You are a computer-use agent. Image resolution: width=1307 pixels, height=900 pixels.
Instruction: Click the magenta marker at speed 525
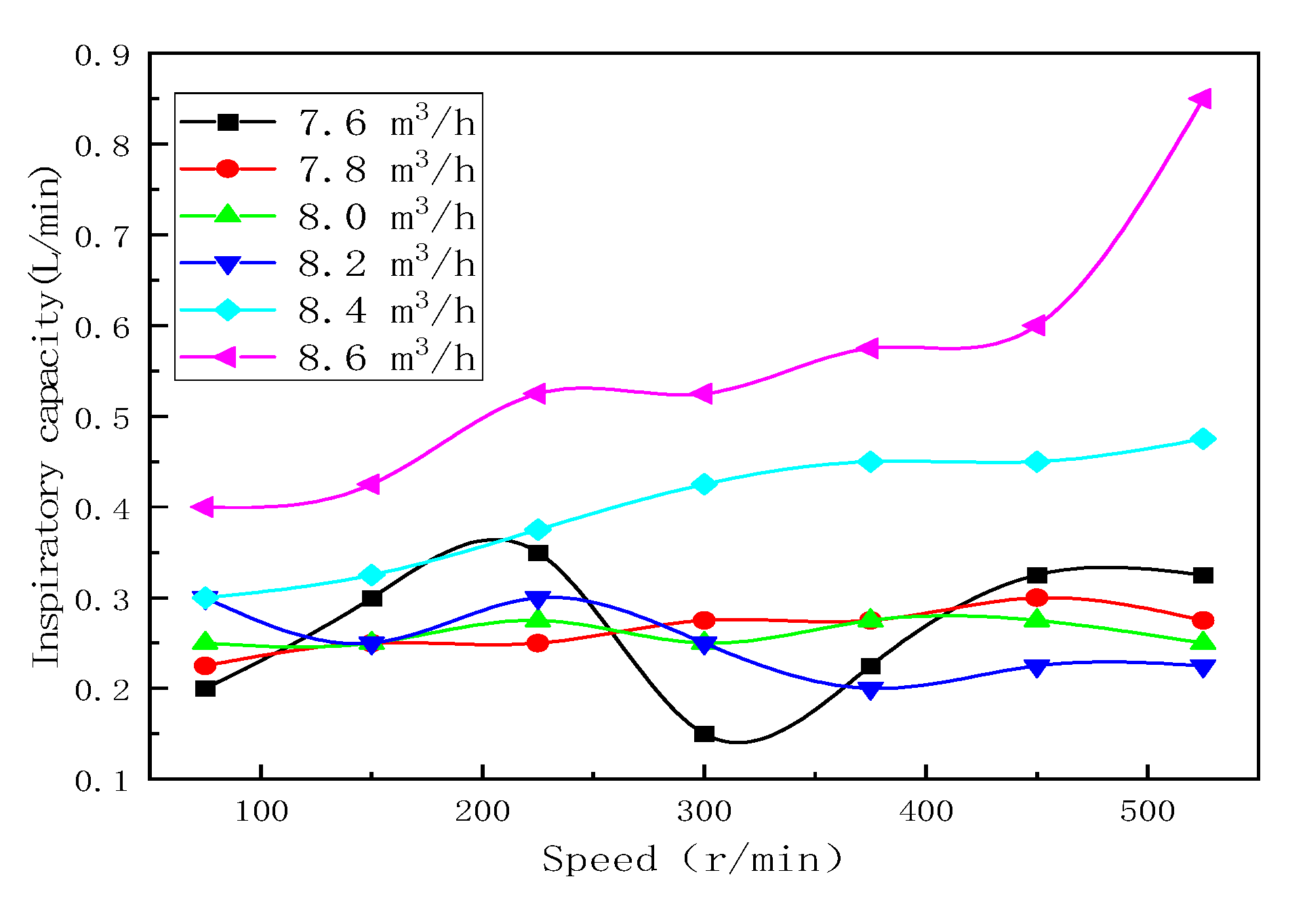click(x=1201, y=99)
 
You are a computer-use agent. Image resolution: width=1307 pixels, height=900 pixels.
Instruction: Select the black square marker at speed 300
click(x=704, y=734)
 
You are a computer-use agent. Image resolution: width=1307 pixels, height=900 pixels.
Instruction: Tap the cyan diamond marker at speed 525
click(x=1203, y=439)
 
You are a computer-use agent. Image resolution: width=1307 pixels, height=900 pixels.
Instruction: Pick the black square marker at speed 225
click(x=538, y=553)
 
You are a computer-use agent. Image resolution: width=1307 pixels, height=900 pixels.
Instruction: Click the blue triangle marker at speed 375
click(x=870, y=690)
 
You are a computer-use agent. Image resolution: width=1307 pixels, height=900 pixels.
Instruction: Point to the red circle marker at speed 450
click(x=1037, y=598)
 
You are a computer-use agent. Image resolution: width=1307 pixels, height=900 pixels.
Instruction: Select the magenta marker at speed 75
click(x=203, y=506)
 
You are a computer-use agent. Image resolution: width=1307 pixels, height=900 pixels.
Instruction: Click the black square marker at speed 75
click(x=205, y=689)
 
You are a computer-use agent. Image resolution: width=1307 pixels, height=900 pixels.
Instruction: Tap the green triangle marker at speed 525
click(x=1203, y=641)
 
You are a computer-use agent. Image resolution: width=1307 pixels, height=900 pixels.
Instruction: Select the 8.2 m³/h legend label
click(x=386, y=264)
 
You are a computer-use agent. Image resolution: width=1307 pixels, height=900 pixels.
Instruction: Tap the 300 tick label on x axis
click(x=704, y=811)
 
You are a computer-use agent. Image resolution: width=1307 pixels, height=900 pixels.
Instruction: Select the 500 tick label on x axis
click(x=1147, y=811)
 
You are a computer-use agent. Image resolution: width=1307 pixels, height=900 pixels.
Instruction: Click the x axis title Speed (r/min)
click(x=691, y=859)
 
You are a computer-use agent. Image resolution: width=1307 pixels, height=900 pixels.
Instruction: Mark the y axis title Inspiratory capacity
click(x=46, y=416)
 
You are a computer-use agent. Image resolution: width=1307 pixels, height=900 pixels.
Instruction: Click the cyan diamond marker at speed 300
click(x=704, y=484)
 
